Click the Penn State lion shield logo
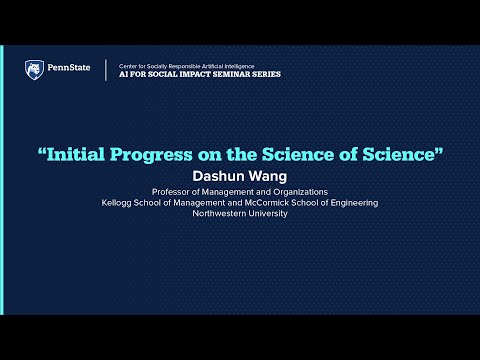[x=33, y=69]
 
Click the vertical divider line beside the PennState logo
[x=107, y=70]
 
